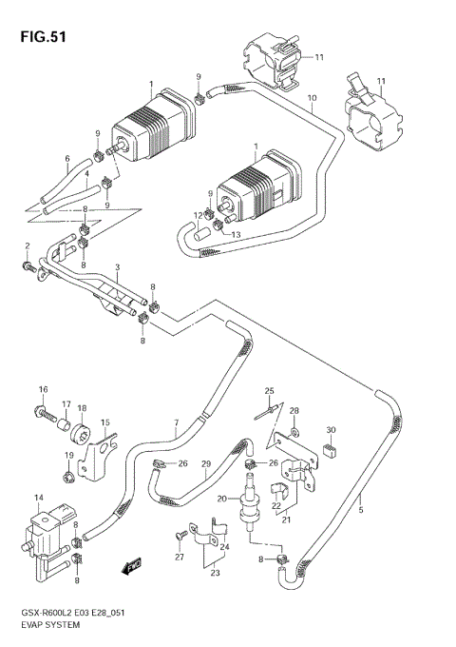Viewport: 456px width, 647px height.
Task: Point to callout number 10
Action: pos(311,97)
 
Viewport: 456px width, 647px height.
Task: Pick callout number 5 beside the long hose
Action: pos(362,510)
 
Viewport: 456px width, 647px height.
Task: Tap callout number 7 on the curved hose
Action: pos(175,422)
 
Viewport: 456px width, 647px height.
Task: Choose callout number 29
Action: pos(204,463)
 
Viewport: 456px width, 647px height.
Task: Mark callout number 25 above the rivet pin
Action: pos(269,391)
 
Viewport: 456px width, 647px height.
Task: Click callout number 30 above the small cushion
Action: pos(330,429)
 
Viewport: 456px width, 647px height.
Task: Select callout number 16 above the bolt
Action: pos(43,390)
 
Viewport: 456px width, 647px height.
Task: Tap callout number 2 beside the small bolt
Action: pos(28,246)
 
